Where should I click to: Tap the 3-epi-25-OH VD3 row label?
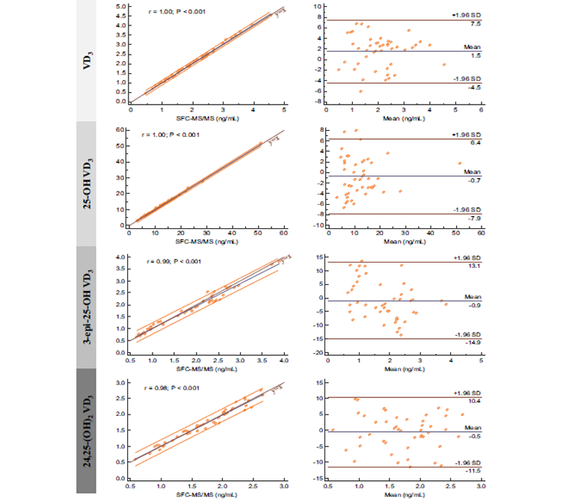coord(88,307)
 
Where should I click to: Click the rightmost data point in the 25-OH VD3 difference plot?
coord(461,163)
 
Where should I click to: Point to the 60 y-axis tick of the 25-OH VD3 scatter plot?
coord(120,129)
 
